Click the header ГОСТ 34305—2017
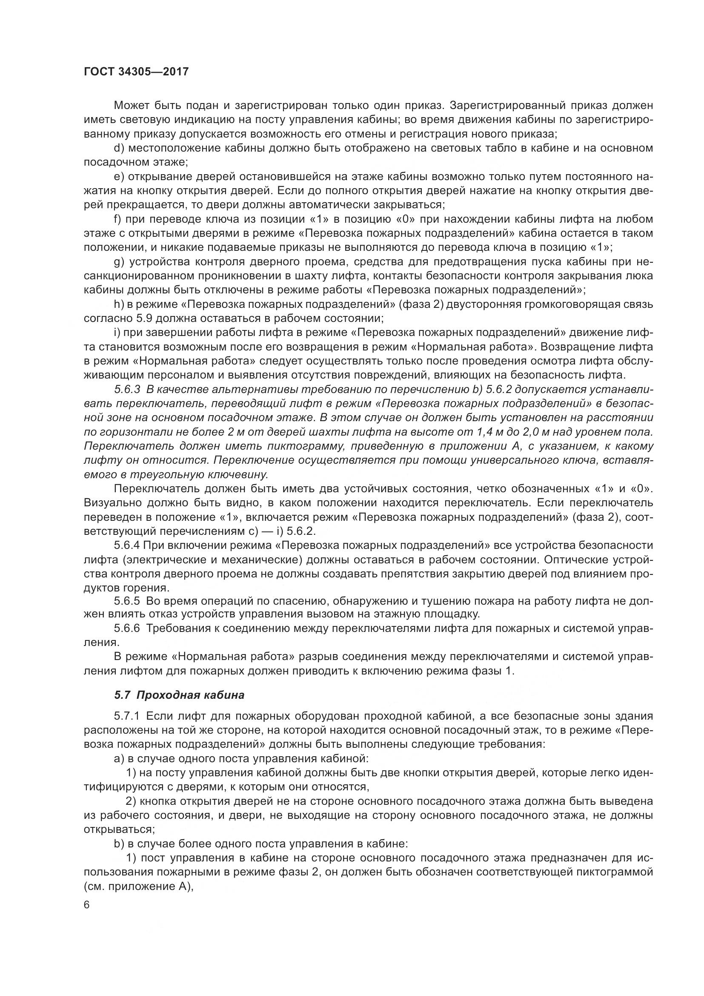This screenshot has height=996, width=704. [136, 72]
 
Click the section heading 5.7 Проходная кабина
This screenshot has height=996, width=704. [179, 695]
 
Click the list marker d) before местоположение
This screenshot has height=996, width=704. [119, 148]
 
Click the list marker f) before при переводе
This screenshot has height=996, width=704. [117, 219]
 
